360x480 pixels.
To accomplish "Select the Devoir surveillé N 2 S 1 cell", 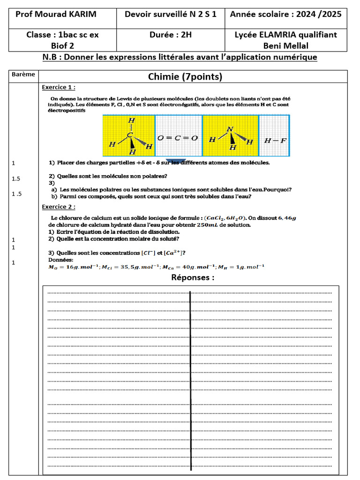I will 171,14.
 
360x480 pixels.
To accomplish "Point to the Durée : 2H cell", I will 171,35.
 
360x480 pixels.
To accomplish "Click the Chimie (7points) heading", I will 185,77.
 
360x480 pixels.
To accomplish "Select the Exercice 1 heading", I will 59,87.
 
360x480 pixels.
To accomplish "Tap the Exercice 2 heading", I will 59,207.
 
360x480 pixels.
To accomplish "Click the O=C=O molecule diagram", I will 178,138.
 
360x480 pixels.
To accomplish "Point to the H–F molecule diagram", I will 274,140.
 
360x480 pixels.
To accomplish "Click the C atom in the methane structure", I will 132,135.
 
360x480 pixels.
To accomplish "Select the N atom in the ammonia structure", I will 229,129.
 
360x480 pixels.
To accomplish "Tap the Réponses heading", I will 193,277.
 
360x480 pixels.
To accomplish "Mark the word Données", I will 61,260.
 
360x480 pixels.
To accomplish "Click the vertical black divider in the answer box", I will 190,380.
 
